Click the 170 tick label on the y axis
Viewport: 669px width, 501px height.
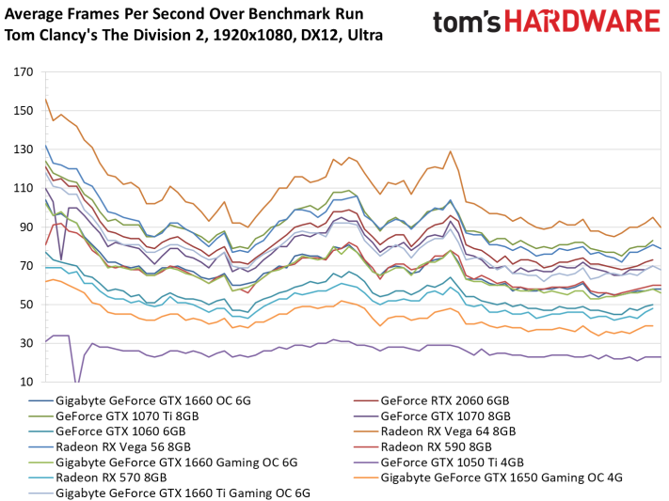pyautogui.click(x=23, y=72)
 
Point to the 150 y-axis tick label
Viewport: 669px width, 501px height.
pyautogui.click(x=23, y=111)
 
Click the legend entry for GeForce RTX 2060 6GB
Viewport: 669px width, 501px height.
pyautogui.click(x=445, y=400)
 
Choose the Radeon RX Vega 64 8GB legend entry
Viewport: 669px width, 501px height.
pyautogui.click(x=448, y=431)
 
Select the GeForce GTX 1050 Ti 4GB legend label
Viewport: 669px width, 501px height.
pyautogui.click(x=452, y=462)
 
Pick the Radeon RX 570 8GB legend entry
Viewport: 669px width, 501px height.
pyautogui.click(x=111, y=478)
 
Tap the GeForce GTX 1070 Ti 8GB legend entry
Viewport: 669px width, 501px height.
pyautogui.click(x=127, y=416)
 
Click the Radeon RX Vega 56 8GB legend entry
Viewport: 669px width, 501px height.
pyautogui.click(x=123, y=446)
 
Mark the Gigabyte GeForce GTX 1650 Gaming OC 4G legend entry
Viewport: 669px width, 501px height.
pyautogui.click(x=502, y=478)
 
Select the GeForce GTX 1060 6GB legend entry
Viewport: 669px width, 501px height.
pyautogui.click(x=120, y=431)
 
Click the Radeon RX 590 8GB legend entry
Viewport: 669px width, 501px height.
pyautogui.click(x=436, y=446)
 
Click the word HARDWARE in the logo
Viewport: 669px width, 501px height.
pyautogui.click(x=582, y=22)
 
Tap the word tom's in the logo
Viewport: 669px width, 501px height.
pyautogui.click(x=467, y=23)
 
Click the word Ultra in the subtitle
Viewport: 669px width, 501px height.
pyautogui.click(x=365, y=35)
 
